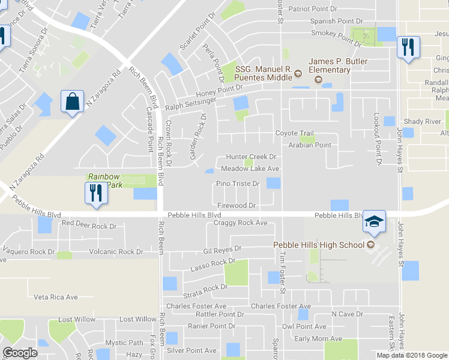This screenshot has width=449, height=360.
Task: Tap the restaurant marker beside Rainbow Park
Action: pos(95,194)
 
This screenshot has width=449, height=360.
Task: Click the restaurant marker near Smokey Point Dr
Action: pos(408,47)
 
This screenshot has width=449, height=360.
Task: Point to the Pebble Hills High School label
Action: pos(319,245)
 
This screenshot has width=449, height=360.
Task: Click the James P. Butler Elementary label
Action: pos(330,66)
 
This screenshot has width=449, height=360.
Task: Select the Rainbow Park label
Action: pos(104,181)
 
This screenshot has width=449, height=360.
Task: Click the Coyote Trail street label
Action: pos(294,134)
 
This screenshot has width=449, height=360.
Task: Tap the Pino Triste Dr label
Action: pos(238,184)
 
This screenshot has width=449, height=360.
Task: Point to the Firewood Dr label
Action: pos(237,205)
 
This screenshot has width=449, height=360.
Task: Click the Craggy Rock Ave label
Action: pos(240,223)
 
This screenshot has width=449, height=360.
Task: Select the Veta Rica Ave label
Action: pos(56,297)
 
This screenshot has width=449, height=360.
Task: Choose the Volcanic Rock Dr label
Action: pos(116,252)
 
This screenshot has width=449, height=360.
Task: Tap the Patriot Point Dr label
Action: pos(317,9)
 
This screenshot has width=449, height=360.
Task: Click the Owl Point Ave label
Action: pos(304,326)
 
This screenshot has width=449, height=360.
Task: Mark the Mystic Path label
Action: pos(125,343)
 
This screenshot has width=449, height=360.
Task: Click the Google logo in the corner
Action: pos(20,353)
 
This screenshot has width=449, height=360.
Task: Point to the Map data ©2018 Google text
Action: pos(412,355)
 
